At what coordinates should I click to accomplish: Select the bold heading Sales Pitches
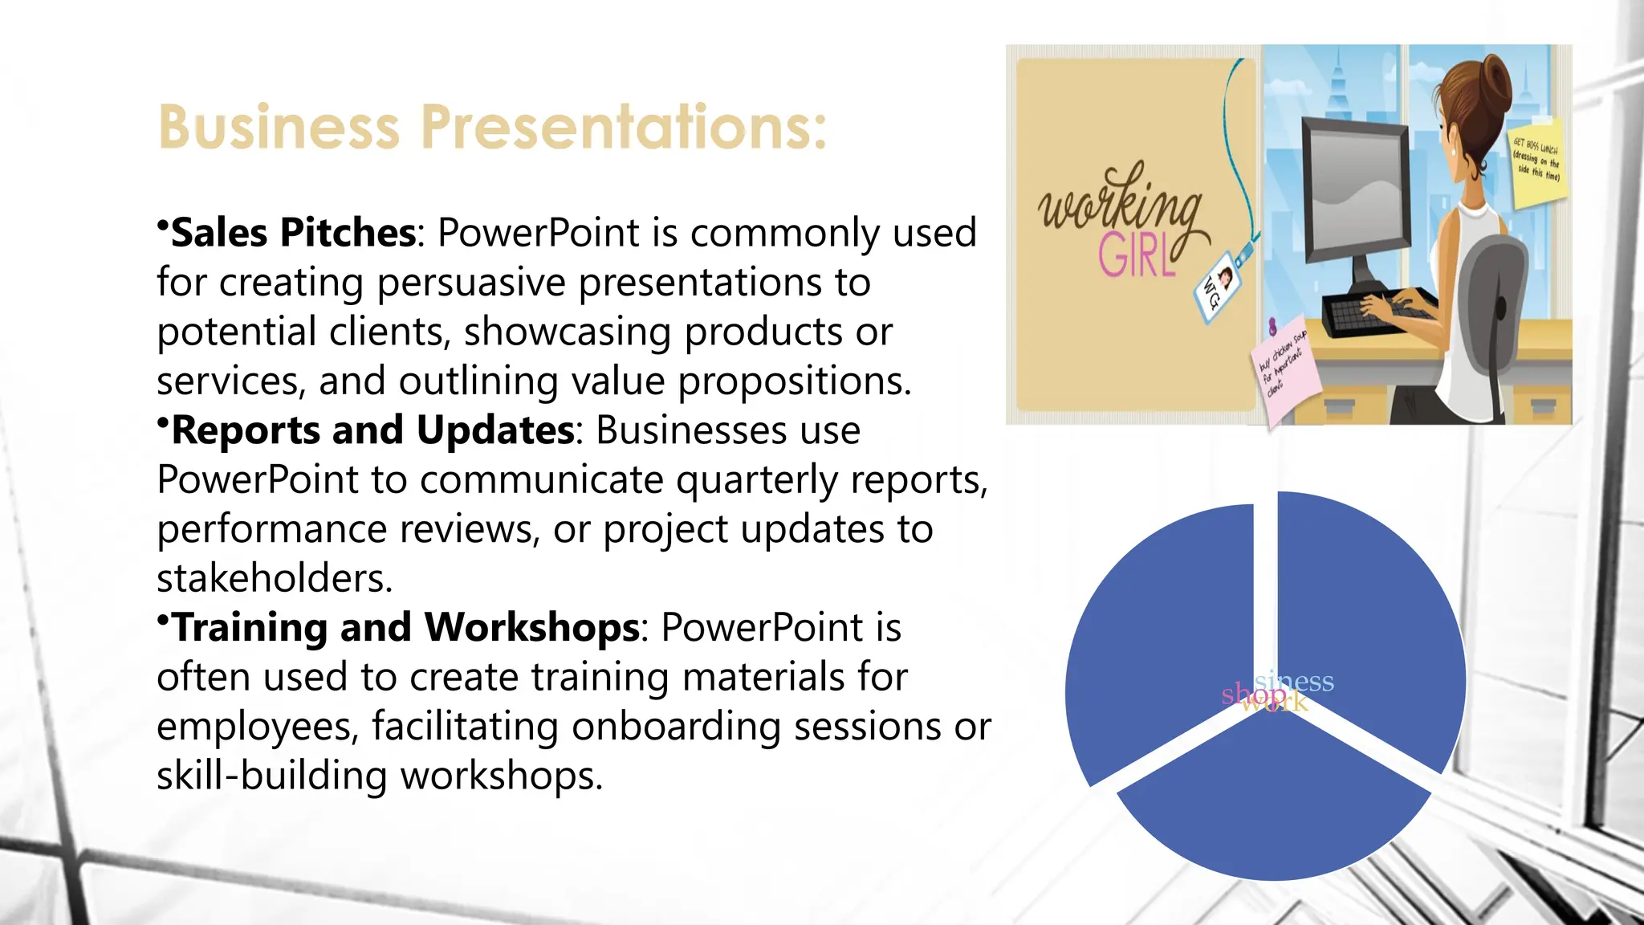tap(294, 233)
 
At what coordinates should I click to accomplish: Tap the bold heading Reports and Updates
tap(373, 430)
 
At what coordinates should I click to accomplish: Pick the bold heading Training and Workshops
tap(406, 628)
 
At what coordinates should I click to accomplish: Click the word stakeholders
tap(275, 579)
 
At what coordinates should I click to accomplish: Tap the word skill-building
tap(273, 776)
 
